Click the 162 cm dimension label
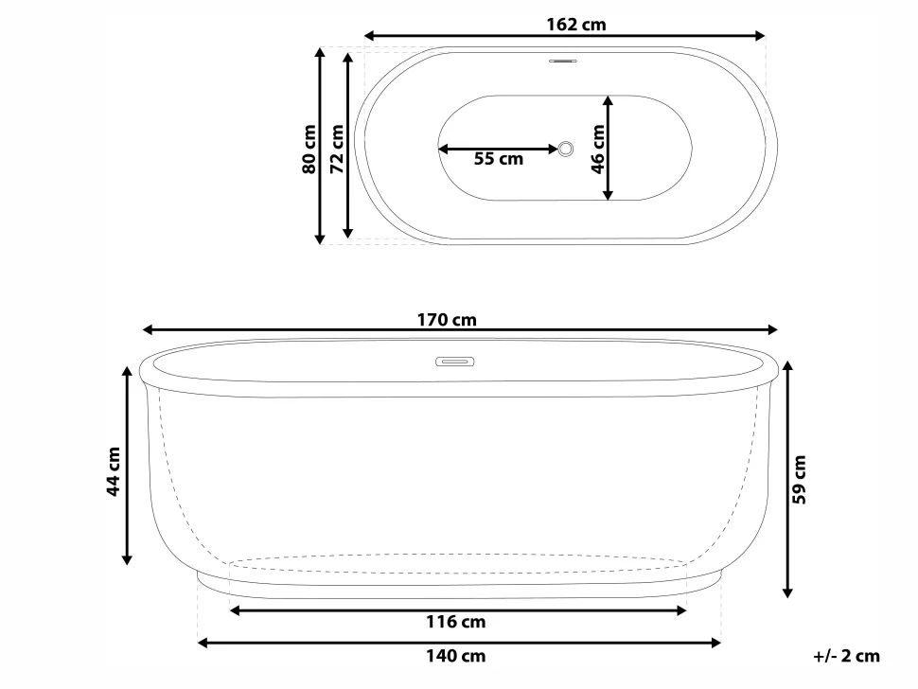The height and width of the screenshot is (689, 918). [x=575, y=25]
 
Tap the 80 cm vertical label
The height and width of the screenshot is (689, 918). [x=308, y=150]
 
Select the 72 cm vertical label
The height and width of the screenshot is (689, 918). [x=335, y=150]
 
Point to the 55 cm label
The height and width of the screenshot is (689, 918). [x=498, y=160]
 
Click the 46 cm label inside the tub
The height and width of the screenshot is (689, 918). [x=596, y=150]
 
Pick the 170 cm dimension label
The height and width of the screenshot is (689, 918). [x=447, y=320]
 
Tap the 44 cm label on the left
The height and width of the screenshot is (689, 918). [x=114, y=471]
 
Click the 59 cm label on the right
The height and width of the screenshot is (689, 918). [x=801, y=480]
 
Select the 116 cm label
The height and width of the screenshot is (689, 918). [x=456, y=623]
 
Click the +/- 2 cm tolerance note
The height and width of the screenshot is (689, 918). [x=846, y=656]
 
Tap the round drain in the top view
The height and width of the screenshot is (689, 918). [x=567, y=149]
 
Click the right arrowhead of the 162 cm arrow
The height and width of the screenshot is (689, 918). [x=760, y=36]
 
